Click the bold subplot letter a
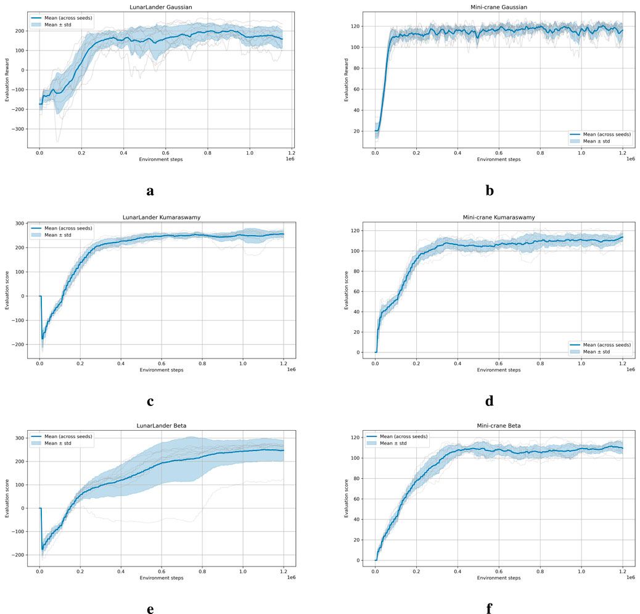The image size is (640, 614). pyautogui.click(x=150, y=190)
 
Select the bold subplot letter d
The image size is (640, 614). pyautogui.click(x=490, y=400)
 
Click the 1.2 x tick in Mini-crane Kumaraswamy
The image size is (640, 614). pyautogui.click(x=623, y=363)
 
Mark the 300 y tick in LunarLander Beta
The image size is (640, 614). pyautogui.click(x=18, y=438)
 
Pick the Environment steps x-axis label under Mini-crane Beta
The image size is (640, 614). pyautogui.click(x=499, y=578)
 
